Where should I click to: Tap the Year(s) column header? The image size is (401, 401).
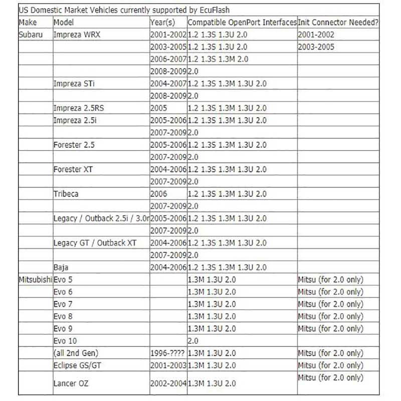point(162,23)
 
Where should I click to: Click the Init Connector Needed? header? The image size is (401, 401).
point(338,23)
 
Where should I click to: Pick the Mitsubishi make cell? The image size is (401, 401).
point(35,279)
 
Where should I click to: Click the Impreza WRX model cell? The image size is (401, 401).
point(80,35)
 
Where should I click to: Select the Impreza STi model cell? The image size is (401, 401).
point(75,84)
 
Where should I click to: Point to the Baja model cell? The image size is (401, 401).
point(61,267)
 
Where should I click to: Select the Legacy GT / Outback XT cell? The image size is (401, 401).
point(95,243)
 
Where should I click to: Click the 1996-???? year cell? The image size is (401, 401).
point(167,353)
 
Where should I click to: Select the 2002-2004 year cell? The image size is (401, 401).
point(167,384)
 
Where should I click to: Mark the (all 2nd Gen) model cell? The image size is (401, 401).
point(75,353)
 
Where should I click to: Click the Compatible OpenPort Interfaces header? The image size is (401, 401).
point(242,23)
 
